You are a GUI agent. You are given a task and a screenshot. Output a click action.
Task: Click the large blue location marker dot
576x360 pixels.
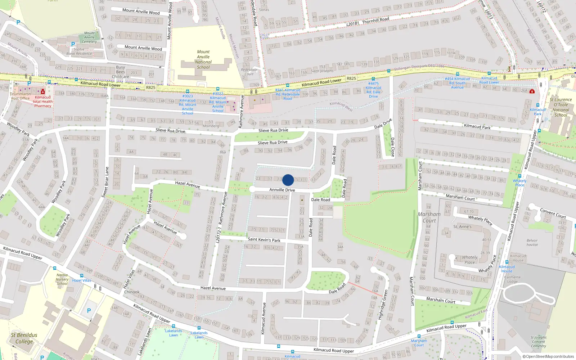pos(288,180)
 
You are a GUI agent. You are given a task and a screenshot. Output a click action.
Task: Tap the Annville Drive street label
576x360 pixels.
pos(282,190)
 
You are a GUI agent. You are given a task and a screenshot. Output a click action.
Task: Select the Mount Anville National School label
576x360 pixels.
pos(203,59)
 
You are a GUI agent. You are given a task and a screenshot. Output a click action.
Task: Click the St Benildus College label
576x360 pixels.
pos(24,338)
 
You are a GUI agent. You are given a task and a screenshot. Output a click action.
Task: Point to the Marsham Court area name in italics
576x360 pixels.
pos(429,217)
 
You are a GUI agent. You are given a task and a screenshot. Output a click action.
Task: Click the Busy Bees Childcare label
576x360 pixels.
pos(120,72)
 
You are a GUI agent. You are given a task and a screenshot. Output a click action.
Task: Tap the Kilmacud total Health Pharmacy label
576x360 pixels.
pos(42,102)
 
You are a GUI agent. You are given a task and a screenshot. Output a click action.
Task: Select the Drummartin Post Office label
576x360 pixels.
pos(20,96)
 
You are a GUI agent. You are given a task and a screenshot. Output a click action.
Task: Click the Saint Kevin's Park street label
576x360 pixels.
pos(264,239)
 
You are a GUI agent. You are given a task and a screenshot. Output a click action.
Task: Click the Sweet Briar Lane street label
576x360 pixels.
pos(105,182)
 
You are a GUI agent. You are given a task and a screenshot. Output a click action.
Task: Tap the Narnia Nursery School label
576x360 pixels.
pos(62,279)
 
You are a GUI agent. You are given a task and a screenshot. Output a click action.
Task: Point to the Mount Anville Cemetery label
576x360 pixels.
pos(89,37)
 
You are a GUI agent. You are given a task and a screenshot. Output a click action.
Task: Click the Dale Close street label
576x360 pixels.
pos(393,147)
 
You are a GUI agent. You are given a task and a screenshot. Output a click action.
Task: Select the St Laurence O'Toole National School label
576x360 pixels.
pos(561,107)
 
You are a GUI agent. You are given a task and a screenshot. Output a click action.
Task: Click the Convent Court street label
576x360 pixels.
pos(553,213)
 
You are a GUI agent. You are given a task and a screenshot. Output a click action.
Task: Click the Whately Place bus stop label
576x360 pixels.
pos(519,183)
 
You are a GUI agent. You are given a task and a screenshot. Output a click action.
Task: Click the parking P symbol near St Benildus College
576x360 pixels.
pos(89,310)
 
